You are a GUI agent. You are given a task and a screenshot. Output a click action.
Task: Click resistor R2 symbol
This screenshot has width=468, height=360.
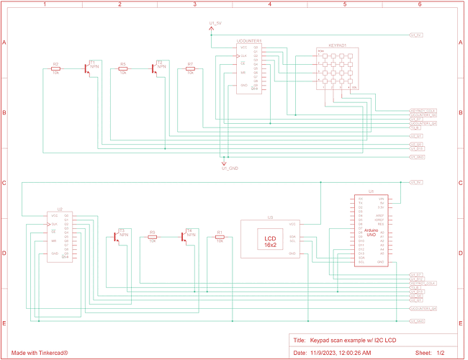tap(55, 68)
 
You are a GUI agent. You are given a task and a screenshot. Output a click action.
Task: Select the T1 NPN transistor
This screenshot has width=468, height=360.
tap(88, 66)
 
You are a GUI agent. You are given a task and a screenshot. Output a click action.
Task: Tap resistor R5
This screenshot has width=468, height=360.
tap(123, 68)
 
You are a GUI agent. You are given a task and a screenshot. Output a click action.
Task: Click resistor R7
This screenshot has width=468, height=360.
tap(190, 68)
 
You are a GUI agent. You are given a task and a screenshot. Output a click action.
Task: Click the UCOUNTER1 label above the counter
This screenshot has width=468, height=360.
tap(249, 41)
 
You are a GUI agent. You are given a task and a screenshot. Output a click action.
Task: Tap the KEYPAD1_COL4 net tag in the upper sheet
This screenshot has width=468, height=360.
tap(423, 110)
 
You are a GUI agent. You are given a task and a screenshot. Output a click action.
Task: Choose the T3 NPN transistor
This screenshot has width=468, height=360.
tap(119, 234)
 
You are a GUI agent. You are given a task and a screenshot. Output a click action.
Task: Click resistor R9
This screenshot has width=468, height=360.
tap(152, 237)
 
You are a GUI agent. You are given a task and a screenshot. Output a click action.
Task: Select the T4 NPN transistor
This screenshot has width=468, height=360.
tap(186, 234)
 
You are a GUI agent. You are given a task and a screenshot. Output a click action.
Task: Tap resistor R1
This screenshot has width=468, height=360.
tap(220, 237)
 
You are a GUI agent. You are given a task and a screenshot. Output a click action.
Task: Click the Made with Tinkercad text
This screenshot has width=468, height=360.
tap(40, 353)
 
